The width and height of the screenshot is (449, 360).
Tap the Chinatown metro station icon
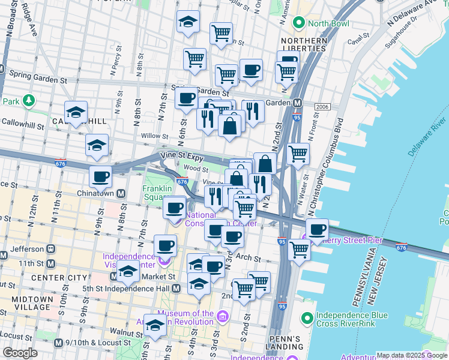click(x=121, y=193)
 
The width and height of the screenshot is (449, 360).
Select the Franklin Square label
click(x=158, y=192)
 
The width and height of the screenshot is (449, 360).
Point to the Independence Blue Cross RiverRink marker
click(x=307, y=317)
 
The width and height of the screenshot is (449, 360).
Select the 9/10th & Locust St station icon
click(x=58, y=343)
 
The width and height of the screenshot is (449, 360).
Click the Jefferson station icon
click(x=51, y=248)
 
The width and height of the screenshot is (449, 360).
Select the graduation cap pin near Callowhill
click(x=76, y=112)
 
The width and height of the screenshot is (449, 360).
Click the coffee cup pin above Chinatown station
click(x=100, y=176)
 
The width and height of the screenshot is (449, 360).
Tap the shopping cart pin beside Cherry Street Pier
click(x=299, y=250)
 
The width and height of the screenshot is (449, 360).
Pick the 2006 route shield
click(x=322, y=106)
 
